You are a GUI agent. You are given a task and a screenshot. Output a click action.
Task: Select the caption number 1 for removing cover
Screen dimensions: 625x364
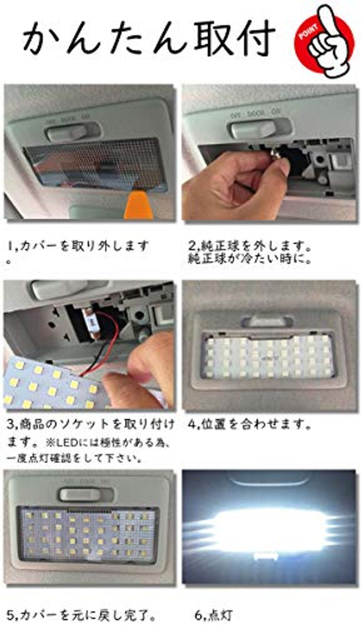pos(11,246)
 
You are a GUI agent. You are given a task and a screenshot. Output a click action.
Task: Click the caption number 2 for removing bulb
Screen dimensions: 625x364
pos(192,246)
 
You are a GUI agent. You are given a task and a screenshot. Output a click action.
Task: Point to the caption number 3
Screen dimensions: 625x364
pos(10,424)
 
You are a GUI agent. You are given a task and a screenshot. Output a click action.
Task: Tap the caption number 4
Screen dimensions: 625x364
pos(192,424)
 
